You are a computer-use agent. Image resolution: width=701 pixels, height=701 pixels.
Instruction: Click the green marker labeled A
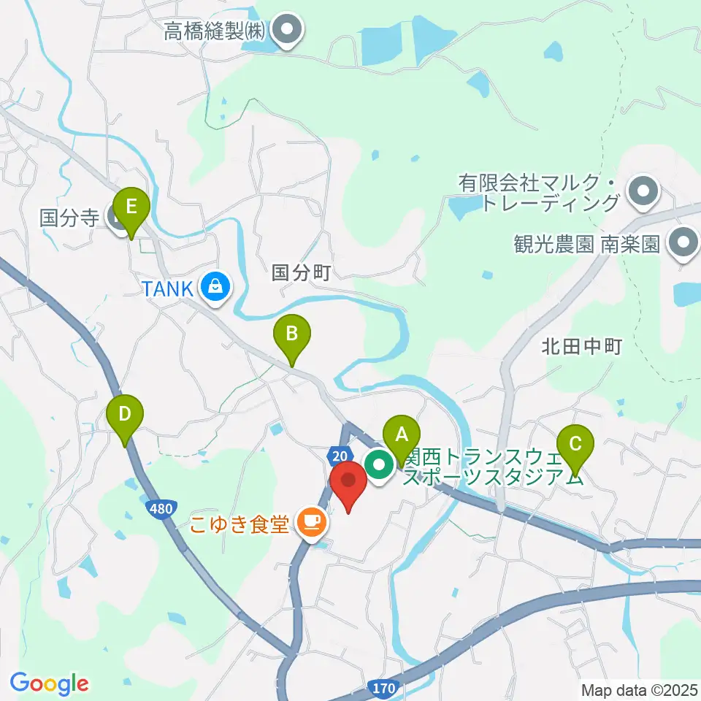[401, 436]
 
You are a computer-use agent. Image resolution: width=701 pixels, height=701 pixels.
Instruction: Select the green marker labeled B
[291, 335]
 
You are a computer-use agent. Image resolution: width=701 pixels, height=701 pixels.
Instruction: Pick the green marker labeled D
[125, 415]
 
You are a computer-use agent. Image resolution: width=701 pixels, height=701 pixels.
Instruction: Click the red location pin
[348, 482]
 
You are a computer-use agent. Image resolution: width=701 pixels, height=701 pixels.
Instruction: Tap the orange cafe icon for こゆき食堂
[313, 521]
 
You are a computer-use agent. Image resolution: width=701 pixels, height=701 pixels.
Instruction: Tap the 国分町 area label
[302, 273]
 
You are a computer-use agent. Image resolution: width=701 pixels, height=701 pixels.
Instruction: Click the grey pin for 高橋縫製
[286, 31]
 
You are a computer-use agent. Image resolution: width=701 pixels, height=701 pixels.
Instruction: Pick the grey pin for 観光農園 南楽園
[684, 242]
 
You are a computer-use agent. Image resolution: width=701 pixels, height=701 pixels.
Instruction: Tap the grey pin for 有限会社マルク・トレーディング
[644, 192]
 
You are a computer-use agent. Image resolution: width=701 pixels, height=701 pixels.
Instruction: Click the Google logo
[49, 683]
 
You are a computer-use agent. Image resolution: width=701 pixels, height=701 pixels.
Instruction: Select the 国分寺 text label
[69, 218]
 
